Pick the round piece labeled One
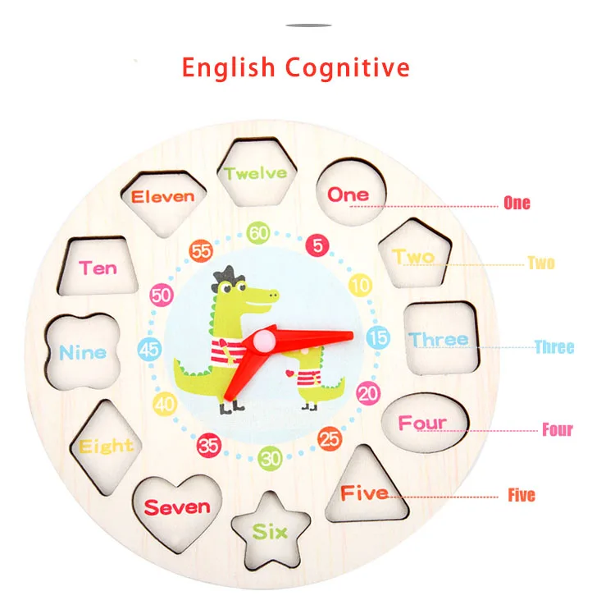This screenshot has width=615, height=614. pyautogui.click(x=349, y=194)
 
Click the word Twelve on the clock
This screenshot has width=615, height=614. pyautogui.click(x=256, y=173)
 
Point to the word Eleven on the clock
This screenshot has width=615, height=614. pyautogui.click(x=163, y=196)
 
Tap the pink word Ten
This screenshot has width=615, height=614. pyautogui.click(x=98, y=268)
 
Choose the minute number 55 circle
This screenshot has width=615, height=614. pyautogui.click(x=201, y=250)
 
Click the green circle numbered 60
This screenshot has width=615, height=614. pyautogui.click(x=259, y=233)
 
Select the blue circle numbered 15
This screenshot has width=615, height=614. pyautogui.click(x=378, y=337)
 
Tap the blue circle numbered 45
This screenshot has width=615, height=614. pyautogui.click(x=149, y=349)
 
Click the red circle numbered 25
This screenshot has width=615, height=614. pyautogui.click(x=330, y=439)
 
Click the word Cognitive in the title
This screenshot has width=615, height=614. pyautogui.click(x=348, y=67)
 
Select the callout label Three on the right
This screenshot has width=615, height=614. pyautogui.click(x=554, y=347)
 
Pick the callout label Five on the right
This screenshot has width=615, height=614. pyautogui.click(x=521, y=495)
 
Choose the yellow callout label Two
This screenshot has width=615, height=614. pyautogui.click(x=541, y=263)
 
